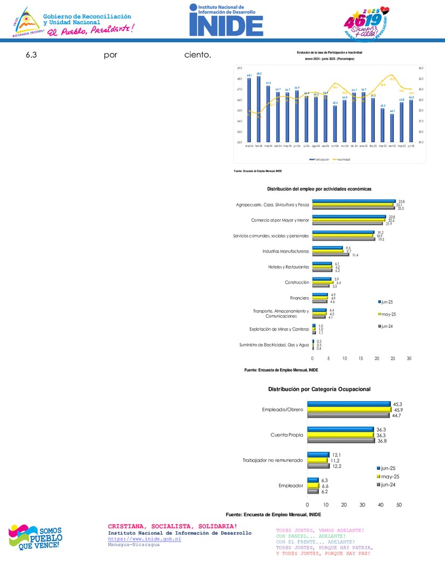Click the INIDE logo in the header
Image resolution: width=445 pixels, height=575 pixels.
coord(226,20)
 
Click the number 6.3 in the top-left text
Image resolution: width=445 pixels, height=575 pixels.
coord(31,55)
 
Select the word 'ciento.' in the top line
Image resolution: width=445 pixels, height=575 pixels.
coord(197,55)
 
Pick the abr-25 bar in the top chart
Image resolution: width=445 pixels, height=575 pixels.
coord(392,128)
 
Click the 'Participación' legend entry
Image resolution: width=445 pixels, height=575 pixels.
coord(319,160)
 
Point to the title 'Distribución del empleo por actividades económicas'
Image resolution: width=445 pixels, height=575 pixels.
coord(319,189)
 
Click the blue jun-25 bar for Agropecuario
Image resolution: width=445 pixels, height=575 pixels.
coord(354,201)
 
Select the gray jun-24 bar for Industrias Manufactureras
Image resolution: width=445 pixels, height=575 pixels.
coord(331,255)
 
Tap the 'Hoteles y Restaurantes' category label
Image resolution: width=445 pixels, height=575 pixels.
coord(289,267)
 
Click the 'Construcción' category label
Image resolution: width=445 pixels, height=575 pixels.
coord(297,282)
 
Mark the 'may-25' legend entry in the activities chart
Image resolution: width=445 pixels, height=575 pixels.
coord(388,314)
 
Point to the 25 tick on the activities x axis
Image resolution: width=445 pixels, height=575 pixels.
coord(393,358)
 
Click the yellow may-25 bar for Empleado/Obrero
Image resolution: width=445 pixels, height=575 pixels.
coord(349,410)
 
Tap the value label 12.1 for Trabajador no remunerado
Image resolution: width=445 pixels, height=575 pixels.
coord(336,455)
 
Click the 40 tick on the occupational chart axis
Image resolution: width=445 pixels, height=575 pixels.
coord(381,504)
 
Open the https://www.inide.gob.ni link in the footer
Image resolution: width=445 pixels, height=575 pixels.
coord(144,538)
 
